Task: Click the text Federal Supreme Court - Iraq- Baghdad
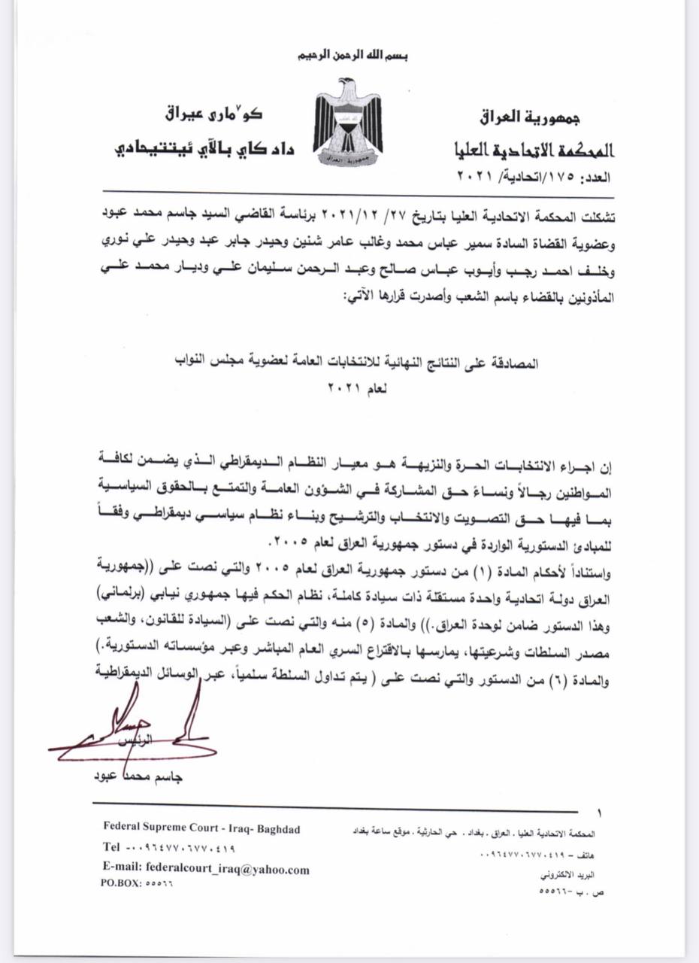point(201,829)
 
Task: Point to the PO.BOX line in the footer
point(136,884)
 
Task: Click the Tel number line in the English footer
point(169,848)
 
